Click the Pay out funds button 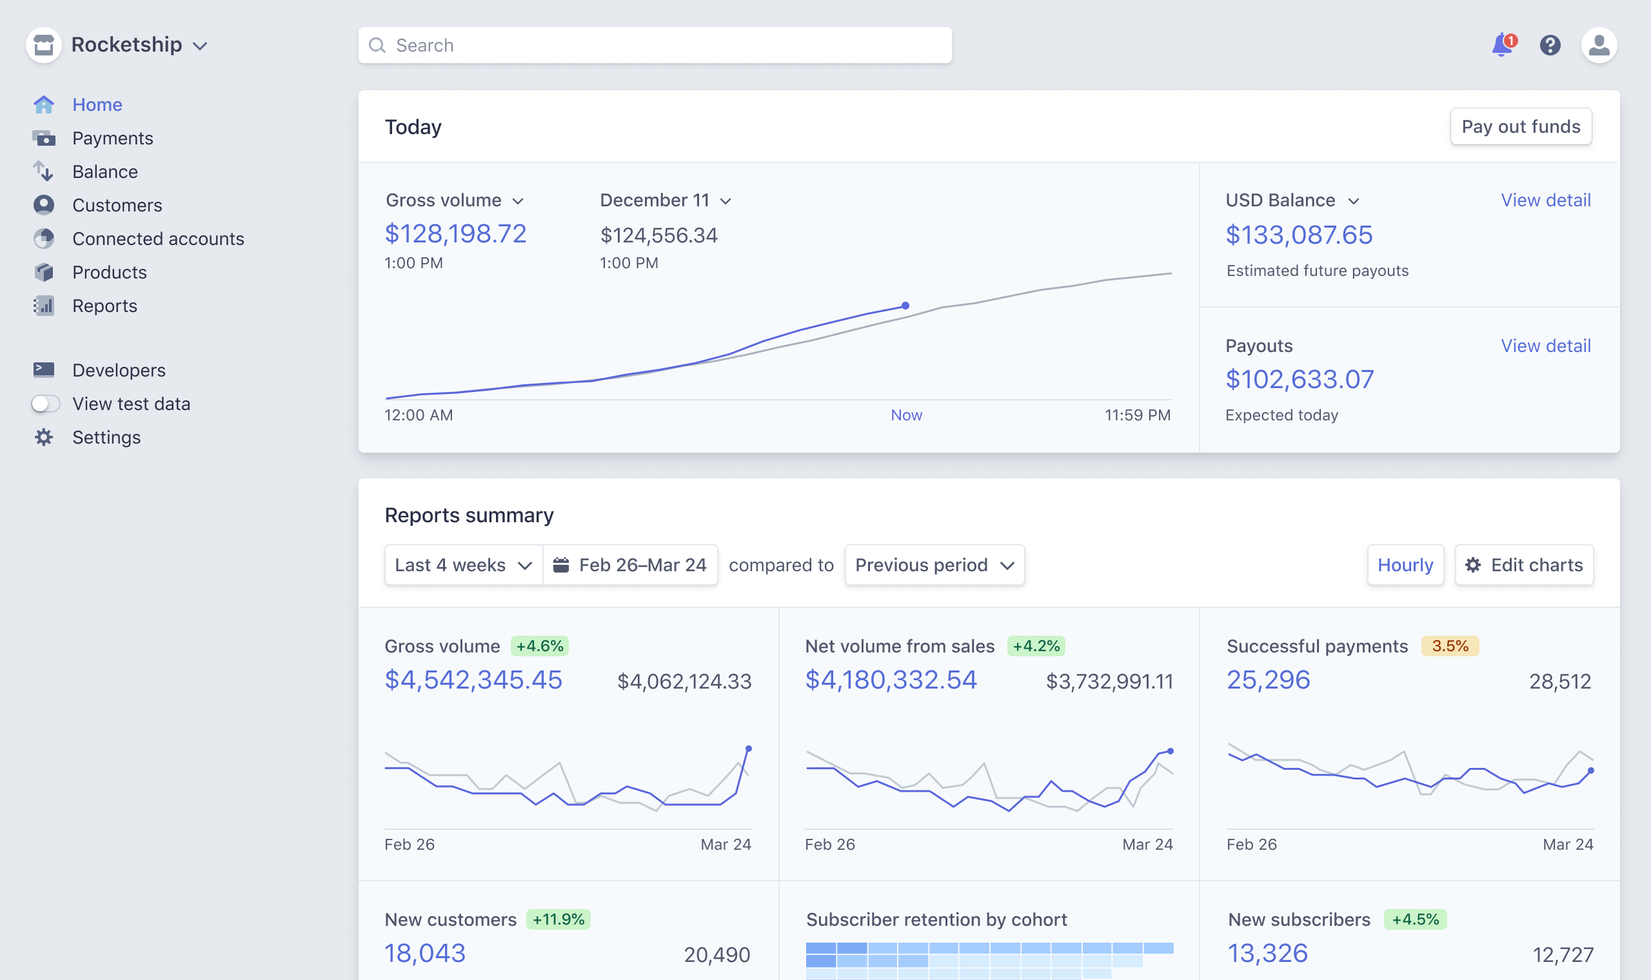point(1520,126)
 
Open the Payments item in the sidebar point(112,138)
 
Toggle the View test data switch point(46,404)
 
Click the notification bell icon point(1502,45)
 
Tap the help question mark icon point(1549,45)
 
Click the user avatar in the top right point(1598,45)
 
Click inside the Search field point(654,45)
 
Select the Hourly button point(1405,565)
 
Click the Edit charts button point(1523,565)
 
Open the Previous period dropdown point(934,565)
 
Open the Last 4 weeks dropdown point(463,565)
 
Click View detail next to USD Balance point(1545,200)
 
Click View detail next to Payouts point(1545,346)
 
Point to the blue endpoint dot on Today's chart point(905,306)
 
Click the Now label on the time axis point(906,415)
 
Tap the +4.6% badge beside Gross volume point(540,646)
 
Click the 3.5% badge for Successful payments point(1450,646)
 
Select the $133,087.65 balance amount point(1298,235)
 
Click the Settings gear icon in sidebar point(44,437)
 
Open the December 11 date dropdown point(664,200)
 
